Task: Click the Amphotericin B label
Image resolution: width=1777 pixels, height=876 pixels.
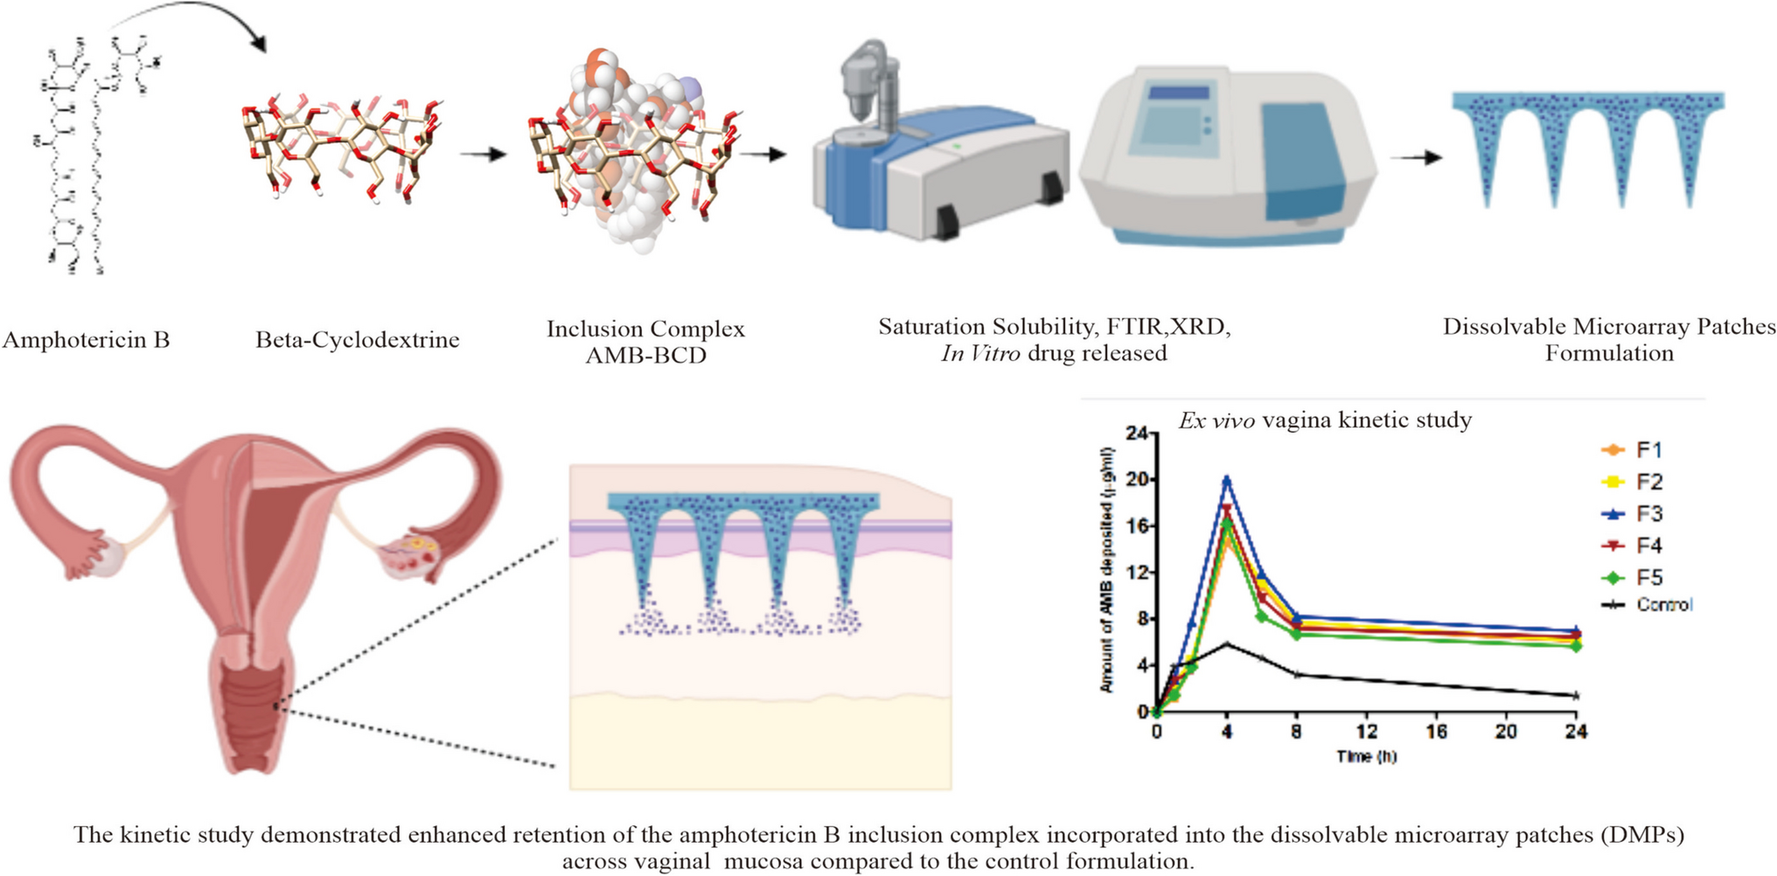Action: [86, 340]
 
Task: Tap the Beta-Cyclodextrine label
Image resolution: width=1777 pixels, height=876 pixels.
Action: [357, 340]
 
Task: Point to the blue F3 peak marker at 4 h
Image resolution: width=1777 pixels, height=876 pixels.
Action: [1227, 480]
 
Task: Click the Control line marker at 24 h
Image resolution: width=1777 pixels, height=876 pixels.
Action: [1576, 696]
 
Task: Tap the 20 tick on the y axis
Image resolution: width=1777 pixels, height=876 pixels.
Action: [1137, 480]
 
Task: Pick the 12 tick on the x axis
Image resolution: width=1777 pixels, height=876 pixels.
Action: [1366, 732]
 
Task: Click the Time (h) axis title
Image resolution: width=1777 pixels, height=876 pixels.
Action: [1366, 756]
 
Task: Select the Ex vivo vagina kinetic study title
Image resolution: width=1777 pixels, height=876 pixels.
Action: [1325, 421]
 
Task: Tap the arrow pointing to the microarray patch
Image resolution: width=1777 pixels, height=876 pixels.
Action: [1417, 158]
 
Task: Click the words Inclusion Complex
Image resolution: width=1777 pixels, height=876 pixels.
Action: [645, 330]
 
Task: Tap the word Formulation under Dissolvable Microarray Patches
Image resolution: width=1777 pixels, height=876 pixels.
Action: [1609, 353]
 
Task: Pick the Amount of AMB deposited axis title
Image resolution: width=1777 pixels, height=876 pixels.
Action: [1108, 570]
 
